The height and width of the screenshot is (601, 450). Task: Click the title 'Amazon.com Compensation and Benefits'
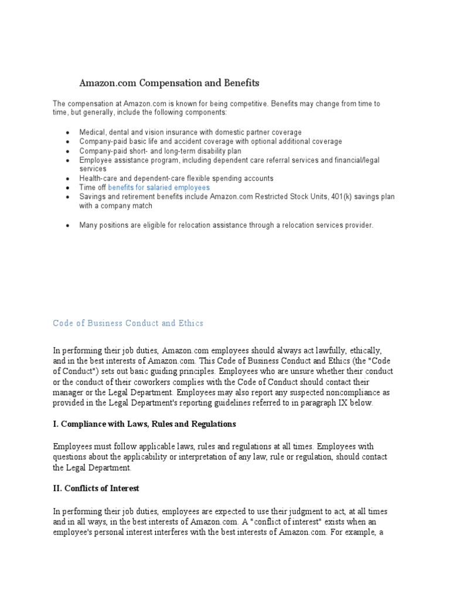[x=169, y=83]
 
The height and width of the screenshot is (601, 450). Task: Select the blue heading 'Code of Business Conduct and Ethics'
[x=128, y=323]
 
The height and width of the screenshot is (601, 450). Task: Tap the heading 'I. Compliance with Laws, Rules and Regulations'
[x=144, y=424]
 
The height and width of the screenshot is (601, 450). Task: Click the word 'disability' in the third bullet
[x=214, y=151]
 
